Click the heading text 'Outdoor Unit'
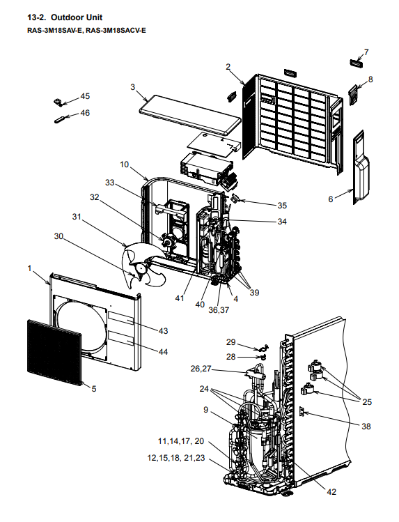(77, 17)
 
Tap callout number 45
(85, 96)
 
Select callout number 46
(85, 113)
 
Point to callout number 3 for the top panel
(133, 87)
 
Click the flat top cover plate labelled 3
(190, 114)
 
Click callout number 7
(366, 52)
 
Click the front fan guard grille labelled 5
(54, 353)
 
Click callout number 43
(163, 331)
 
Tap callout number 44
(163, 352)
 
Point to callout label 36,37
(219, 310)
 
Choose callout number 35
(282, 206)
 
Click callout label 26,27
(201, 369)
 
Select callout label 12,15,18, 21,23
(176, 458)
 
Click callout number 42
(332, 492)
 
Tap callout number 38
(366, 426)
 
